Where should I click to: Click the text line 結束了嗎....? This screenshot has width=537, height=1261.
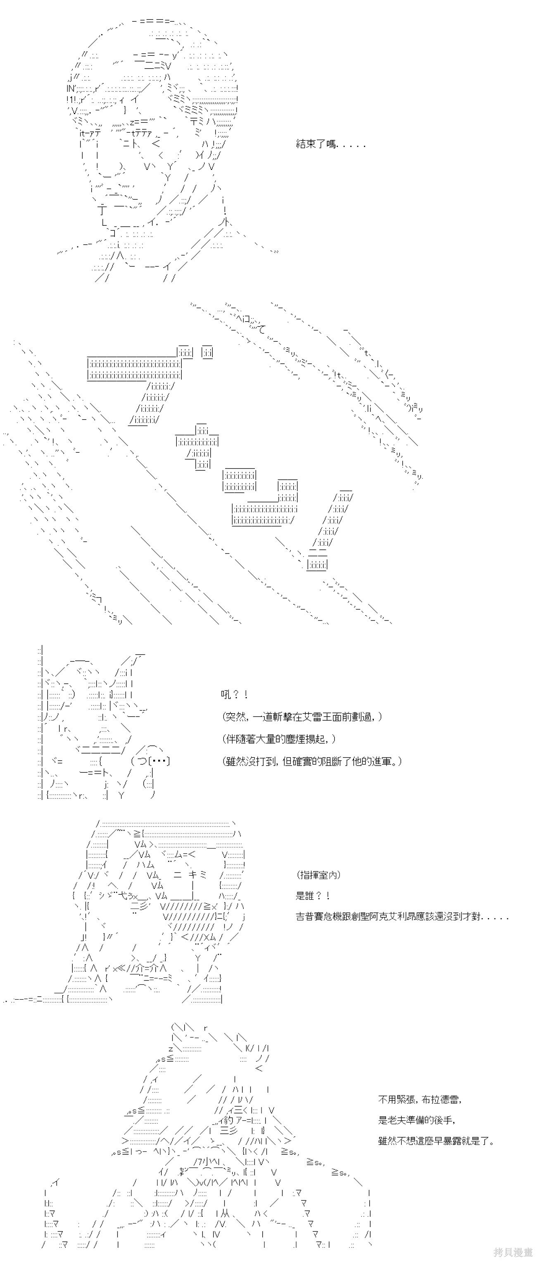pos(330,144)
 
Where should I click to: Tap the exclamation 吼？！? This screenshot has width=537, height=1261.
pos(234,695)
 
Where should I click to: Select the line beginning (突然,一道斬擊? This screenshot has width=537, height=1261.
pos(302,716)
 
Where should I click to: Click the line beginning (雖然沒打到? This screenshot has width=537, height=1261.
pos(311,761)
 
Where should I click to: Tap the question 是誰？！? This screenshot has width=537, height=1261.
pos(313,896)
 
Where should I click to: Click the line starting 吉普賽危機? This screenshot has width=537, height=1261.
pos(402,917)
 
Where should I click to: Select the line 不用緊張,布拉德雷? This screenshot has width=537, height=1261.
pos(420,1099)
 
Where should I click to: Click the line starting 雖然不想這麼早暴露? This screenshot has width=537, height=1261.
pos(436,1142)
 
